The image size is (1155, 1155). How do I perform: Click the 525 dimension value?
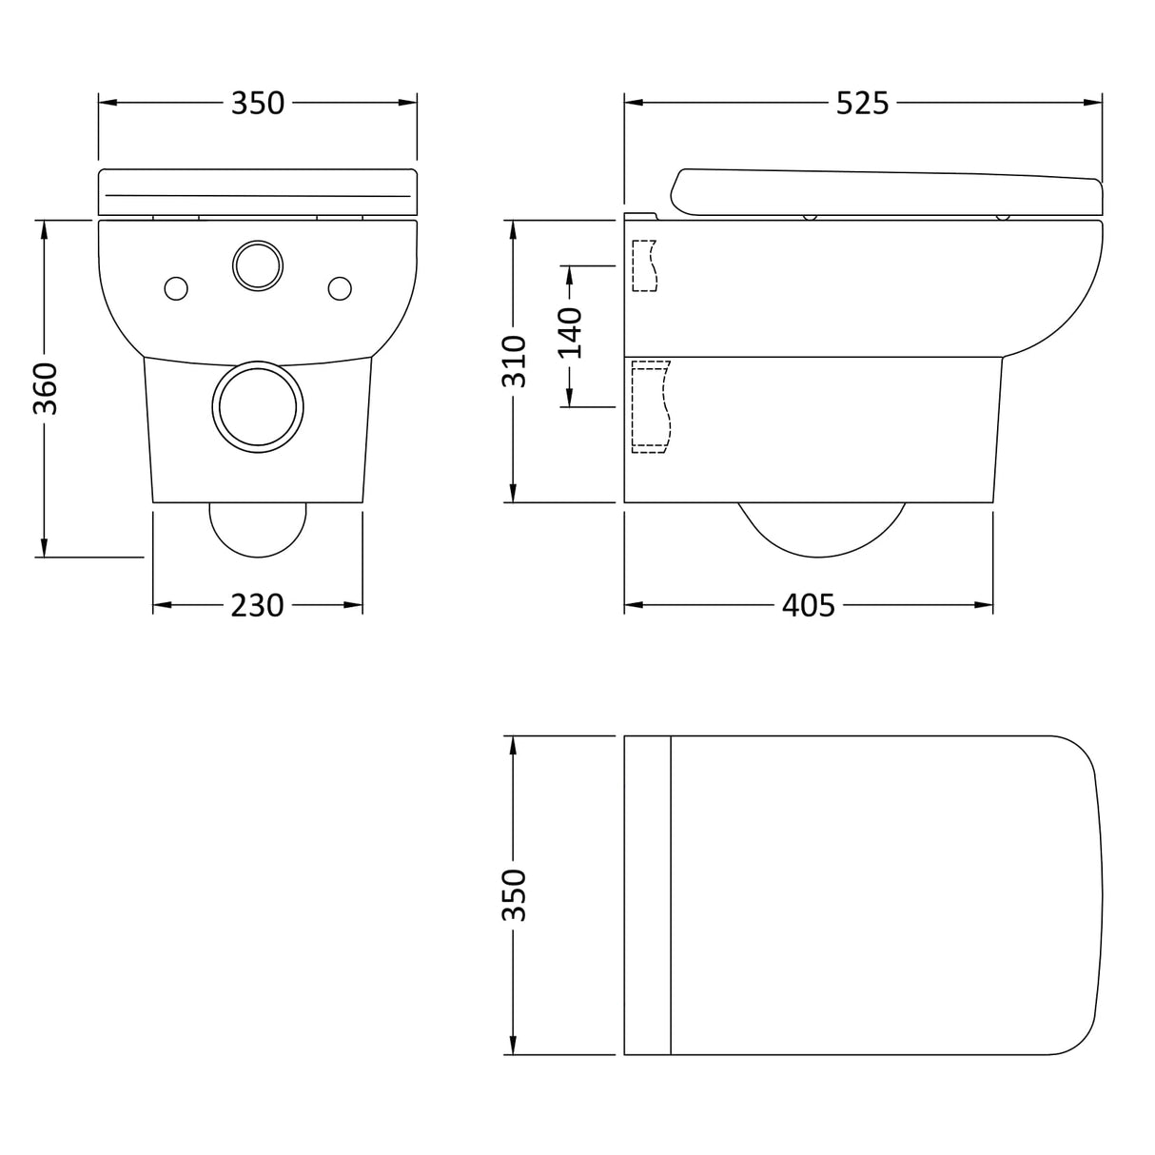[862, 103]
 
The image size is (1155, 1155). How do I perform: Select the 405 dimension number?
[808, 605]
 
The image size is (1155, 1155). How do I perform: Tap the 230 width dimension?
[257, 605]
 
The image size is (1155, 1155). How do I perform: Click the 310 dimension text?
[514, 362]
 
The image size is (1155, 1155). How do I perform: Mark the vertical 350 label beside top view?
[514, 894]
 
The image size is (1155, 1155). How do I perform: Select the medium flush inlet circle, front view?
[257, 265]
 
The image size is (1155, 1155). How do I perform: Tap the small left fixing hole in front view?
[177, 287]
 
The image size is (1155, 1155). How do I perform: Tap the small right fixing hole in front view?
[340, 287]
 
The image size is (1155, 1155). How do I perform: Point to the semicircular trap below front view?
[258, 528]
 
